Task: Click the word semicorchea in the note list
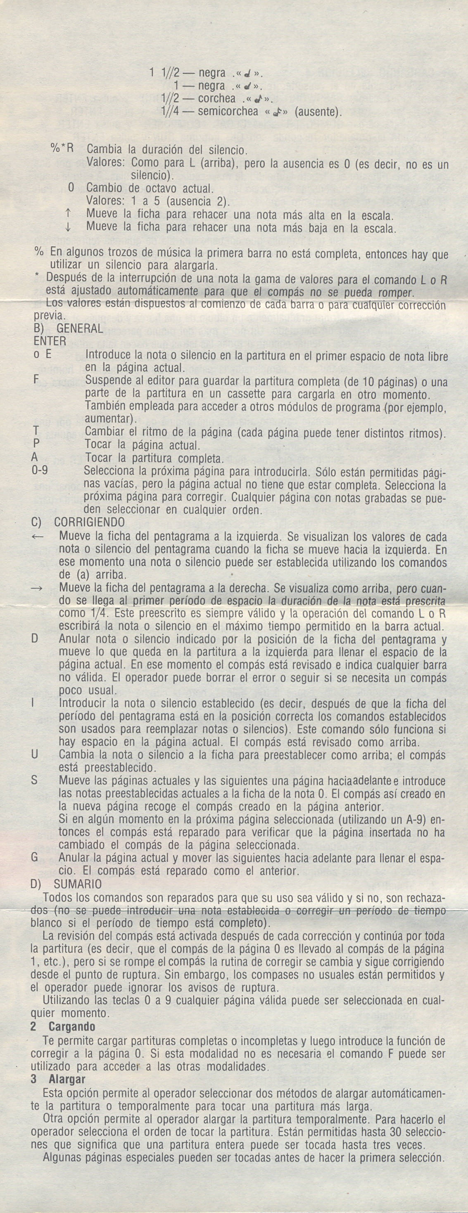(228, 112)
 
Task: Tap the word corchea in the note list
(216, 99)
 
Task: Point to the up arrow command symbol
(68, 215)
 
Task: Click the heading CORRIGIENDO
(90, 522)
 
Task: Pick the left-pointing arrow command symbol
(38, 536)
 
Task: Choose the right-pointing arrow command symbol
(38, 588)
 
